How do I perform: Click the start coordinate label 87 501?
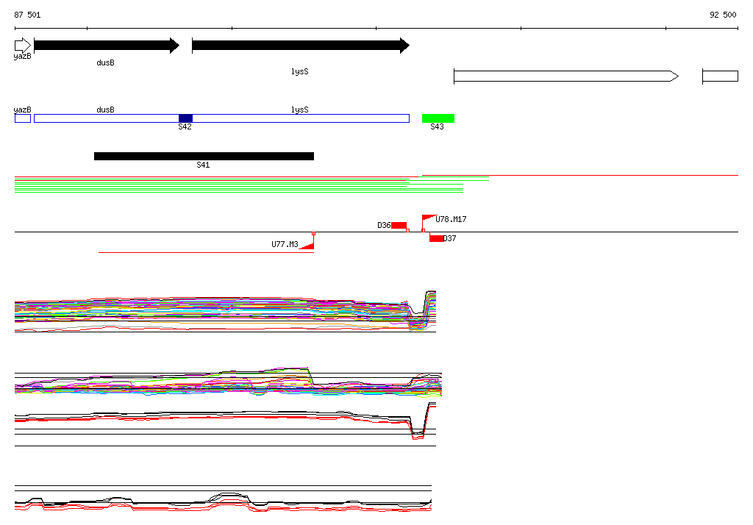[x=27, y=15]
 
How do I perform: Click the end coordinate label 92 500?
[x=723, y=15]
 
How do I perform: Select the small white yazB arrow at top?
[x=23, y=46]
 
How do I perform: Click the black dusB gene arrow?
[x=107, y=46]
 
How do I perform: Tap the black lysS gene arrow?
[x=301, y=46]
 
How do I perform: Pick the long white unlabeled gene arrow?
[x=566, y=76]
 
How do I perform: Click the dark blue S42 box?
[x=185, y=118]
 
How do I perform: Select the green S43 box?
[x=438, y=118]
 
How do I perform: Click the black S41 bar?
[x=204, y=156]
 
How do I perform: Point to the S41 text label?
[x=203, y=165]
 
